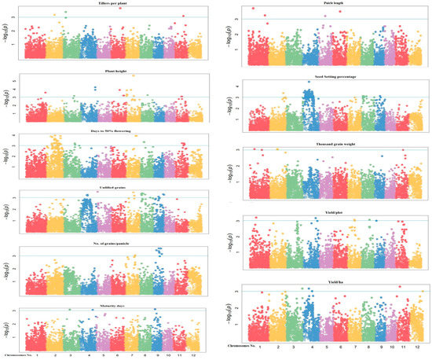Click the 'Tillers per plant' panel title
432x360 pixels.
click(107, 3)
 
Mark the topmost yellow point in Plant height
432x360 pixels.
click(134, 75)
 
